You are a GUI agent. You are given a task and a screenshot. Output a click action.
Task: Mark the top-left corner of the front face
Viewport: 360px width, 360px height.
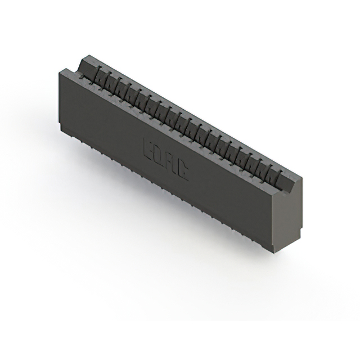pyautogui.click(x=59, y=70)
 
